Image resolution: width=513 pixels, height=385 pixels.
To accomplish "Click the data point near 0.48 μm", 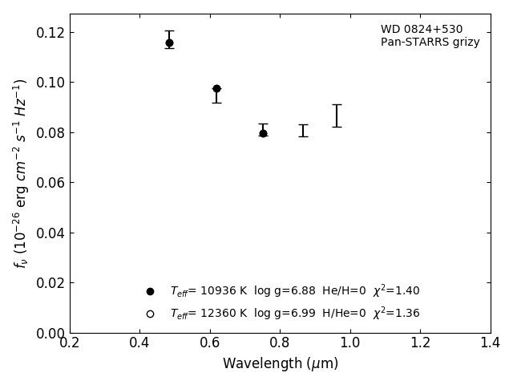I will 169,43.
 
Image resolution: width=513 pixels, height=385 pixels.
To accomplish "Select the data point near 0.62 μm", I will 216,88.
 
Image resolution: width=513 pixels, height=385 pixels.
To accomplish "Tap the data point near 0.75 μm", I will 263,133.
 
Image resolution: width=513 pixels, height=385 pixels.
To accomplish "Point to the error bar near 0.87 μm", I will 303,130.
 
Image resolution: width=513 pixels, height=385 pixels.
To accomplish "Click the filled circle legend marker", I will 150,291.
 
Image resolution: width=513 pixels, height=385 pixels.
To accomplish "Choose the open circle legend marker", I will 150,314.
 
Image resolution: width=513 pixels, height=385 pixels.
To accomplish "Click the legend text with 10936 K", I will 294,291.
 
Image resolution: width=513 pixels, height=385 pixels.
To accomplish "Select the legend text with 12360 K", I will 294,313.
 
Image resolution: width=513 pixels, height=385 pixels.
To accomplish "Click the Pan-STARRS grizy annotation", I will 430,43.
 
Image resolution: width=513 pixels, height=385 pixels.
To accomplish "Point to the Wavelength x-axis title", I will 281,364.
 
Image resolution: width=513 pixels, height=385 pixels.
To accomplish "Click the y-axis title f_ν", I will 21,173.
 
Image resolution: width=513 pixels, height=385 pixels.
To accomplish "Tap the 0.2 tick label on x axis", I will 70,343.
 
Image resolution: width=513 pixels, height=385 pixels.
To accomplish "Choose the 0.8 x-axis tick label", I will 280,343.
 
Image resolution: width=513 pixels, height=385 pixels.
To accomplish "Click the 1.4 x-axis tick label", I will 490,343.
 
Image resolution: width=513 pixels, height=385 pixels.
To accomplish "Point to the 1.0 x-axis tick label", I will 350,343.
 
